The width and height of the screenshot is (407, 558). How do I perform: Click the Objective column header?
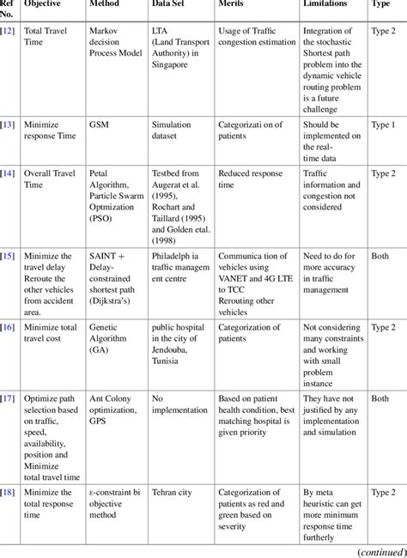click(x=44, y=4)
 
